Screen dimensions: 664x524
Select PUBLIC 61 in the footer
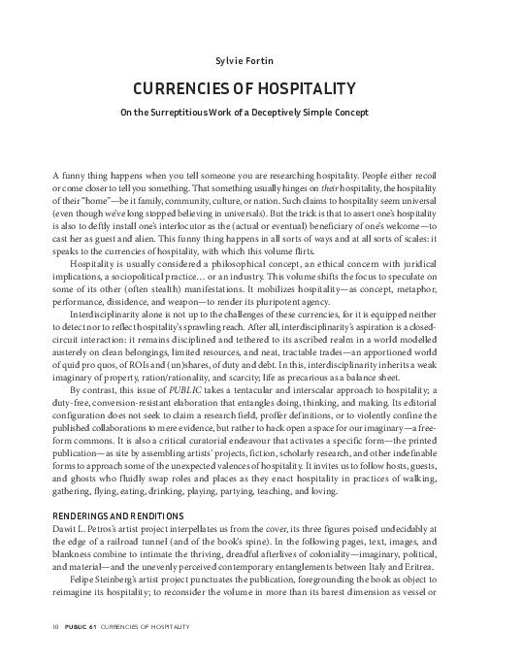tap(81, 642)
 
